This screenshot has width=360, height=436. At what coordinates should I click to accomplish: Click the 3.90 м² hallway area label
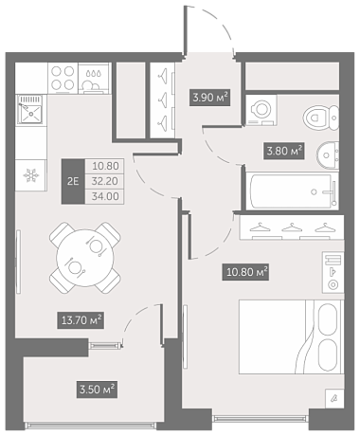click(209, 98)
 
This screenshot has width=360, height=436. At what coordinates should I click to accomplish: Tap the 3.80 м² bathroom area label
click(284, 151)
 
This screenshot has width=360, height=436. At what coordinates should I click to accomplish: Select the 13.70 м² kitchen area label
click(81, 320)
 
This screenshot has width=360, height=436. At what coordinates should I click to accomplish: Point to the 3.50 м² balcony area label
click(97, 390)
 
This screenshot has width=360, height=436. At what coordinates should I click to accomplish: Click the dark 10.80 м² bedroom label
click(245, 272)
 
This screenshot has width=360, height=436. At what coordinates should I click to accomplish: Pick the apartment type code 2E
click(73, 181)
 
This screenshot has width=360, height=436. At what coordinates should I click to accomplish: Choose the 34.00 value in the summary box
click(105, 196)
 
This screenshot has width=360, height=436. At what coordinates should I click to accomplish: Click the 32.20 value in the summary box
click(105, 181)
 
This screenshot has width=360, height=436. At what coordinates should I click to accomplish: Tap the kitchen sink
click(29, 109)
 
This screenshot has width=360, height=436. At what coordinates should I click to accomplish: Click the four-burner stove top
click(63, 78)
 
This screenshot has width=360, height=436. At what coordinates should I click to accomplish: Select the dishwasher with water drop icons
click(94, 78)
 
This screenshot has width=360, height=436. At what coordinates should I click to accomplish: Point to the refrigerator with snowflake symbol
click(31, 175)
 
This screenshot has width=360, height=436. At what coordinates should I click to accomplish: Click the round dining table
click(85, 258)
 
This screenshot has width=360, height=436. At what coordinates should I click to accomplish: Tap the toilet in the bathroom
click(321, 118)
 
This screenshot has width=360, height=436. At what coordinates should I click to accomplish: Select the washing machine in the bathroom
click(261, 110)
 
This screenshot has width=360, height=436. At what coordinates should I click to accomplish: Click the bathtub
click(293, 191)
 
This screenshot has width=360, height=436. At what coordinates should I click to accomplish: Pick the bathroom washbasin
click(328, 155)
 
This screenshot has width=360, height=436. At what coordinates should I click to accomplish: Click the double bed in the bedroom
click(291, 336)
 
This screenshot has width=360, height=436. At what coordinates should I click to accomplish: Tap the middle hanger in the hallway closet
click(163, 99)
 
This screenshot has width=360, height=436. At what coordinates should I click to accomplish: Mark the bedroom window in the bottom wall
click(261, 419)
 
